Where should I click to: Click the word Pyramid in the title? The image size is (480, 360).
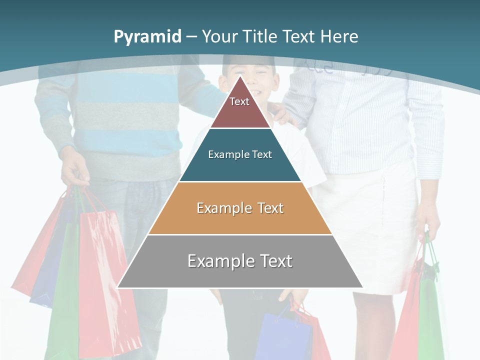coord(147,36)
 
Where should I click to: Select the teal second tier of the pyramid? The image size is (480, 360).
coord(240,167)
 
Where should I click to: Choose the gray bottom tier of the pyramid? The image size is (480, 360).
coord(240,275)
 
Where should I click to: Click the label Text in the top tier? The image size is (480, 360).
coord(239,101)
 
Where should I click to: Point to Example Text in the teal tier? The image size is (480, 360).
coord(240,154)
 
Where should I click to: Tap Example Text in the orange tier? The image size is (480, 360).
coord(240,208)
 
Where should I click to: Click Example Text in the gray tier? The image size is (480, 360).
coord(240,261)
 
